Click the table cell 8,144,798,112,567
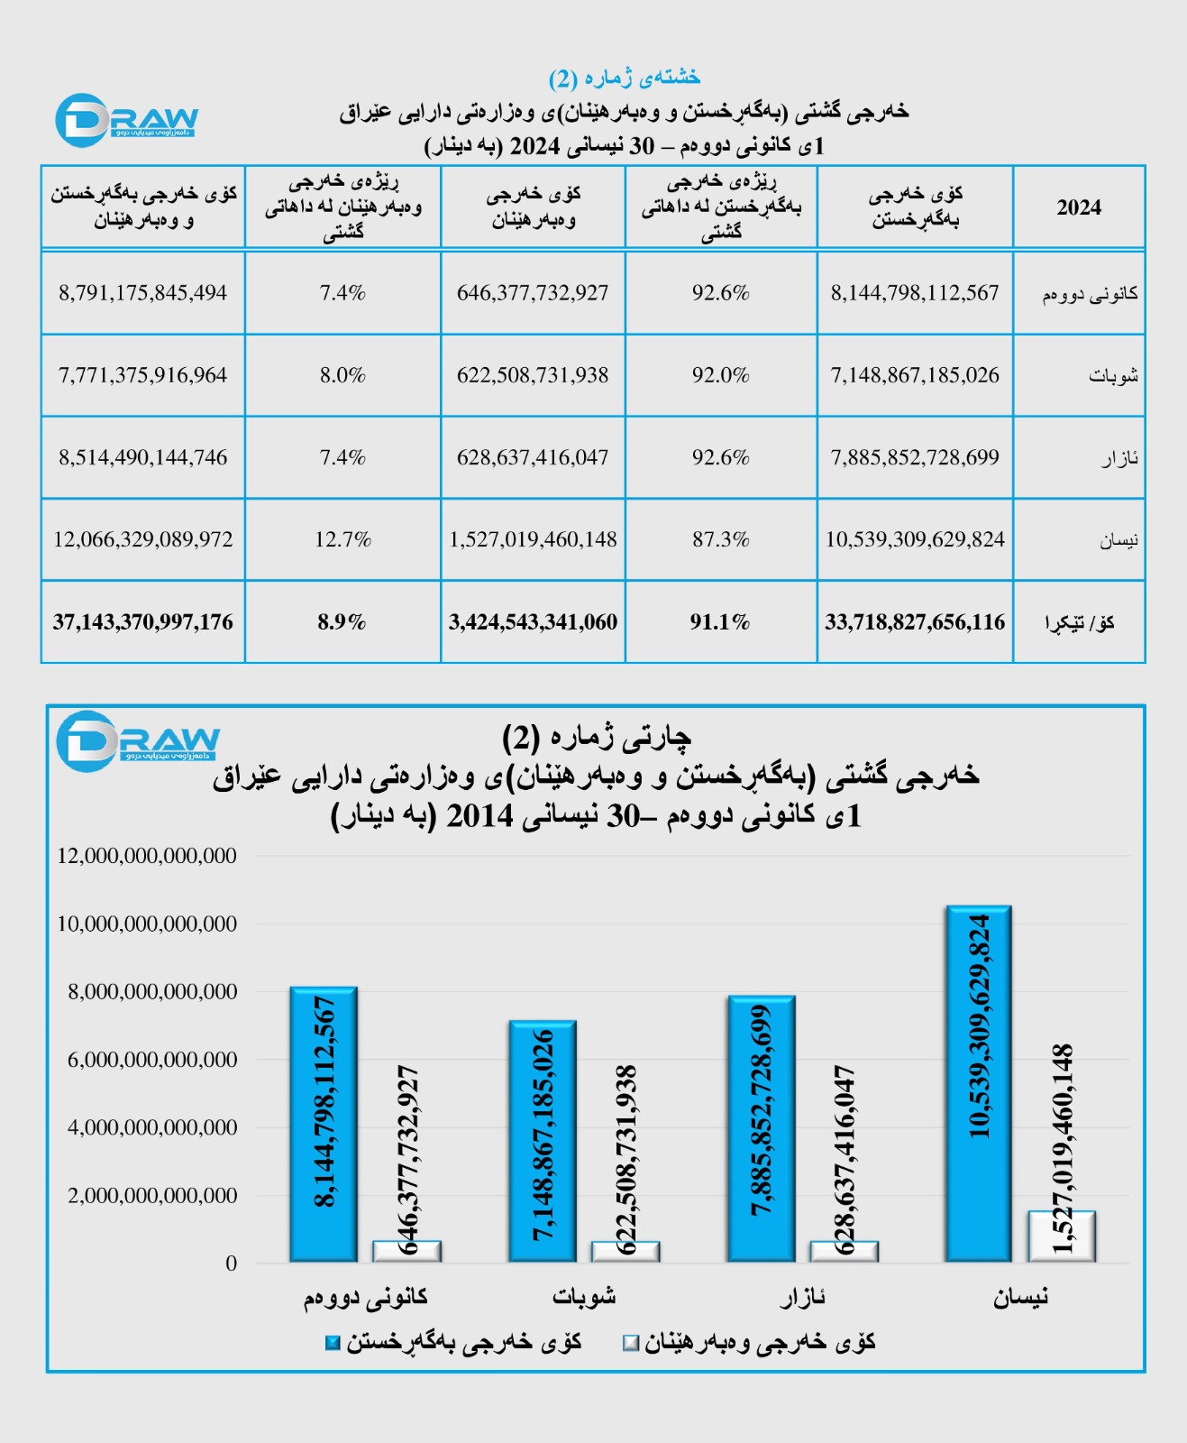(914, 293)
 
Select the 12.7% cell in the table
(342, 539)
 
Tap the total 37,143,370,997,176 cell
(142, 622)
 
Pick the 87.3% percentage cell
(720, 539)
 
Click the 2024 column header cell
(1079, 207)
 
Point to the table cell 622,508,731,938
(533, 375)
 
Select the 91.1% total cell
(720, 622)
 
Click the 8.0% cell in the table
(342, 375)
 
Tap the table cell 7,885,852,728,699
(914, 457)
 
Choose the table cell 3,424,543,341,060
(533, 622)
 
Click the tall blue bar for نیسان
(978, 1082)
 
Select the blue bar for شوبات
(542, 1141)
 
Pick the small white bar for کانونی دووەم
(406, 1251)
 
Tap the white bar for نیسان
(1062, 1236)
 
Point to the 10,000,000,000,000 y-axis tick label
(147, 924)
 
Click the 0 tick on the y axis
(232, 1264)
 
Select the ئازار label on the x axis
(802, 1298)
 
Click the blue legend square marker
(333, 1343)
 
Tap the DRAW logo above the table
(126, 120)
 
